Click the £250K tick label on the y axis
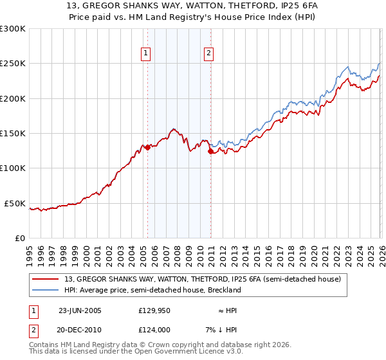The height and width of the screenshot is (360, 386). (x=13, y=64)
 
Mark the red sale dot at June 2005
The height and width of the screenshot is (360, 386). (x=147, y=147)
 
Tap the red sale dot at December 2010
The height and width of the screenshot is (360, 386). (x=210, y=152)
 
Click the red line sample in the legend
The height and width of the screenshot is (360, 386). (x=46, y=278)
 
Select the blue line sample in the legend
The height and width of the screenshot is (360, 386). (x=46, y=290)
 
